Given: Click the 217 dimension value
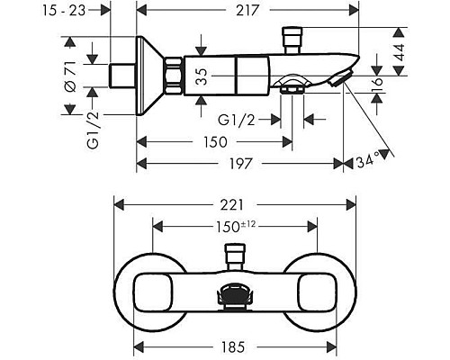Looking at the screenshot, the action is click(247, 11).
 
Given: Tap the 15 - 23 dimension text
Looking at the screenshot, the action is click(64, 11).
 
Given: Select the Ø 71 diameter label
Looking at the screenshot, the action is click(70, 76).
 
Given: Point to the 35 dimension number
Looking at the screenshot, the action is click(203, 76).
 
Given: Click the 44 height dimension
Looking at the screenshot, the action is click(400, 51).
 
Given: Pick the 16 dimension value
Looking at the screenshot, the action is click(379, 85).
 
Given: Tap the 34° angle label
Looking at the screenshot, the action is click(366, 161).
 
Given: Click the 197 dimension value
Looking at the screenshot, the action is click(240, 164).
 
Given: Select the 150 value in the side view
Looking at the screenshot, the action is click(215, 142).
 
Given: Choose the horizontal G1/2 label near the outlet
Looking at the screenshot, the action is click(237, 120).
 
